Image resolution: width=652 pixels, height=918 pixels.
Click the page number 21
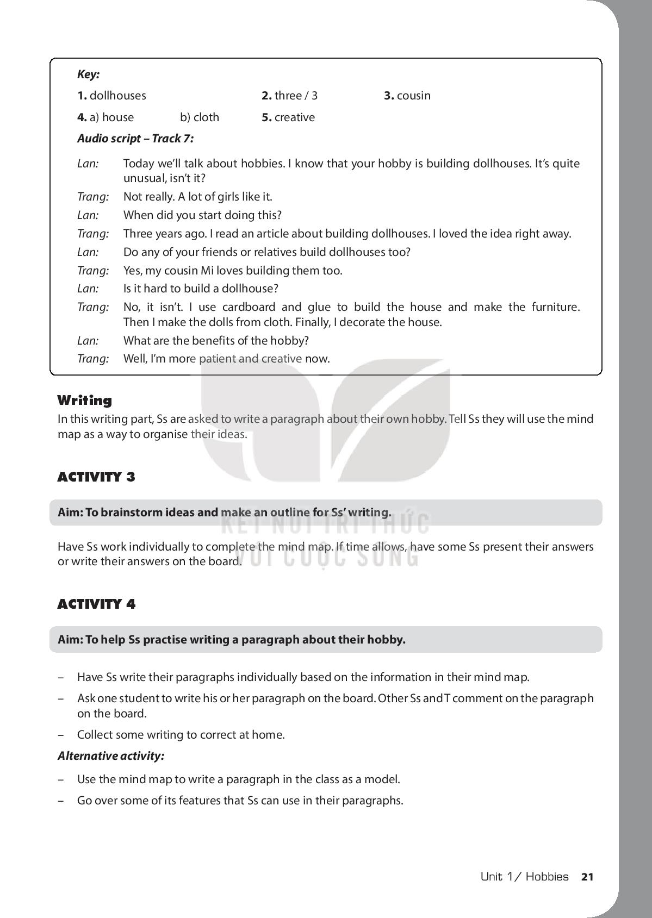tap(587, 877)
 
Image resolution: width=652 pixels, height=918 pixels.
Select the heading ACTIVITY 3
tap(96, 477)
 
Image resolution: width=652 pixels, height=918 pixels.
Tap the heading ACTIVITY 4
tap(96, 604)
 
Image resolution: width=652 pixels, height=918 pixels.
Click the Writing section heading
tap(84, 401)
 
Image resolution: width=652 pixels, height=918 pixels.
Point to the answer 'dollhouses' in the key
tap(117, 96)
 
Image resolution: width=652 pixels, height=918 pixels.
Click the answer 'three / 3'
tap(296, 96)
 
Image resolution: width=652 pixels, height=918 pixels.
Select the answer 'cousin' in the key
tap(413, 96)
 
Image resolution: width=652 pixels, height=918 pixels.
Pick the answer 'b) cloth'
tap(200, 117)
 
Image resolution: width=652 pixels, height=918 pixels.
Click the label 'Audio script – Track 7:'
tap(135, 139)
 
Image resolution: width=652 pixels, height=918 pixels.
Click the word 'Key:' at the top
tap(88, 74)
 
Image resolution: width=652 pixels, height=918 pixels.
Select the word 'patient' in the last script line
tap(216, 359)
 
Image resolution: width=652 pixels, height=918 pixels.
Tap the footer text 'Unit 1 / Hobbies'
tap(524, 877)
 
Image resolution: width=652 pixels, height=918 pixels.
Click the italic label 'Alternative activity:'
tap(111, 756)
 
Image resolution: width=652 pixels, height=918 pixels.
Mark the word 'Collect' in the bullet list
tap(96, 735)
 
